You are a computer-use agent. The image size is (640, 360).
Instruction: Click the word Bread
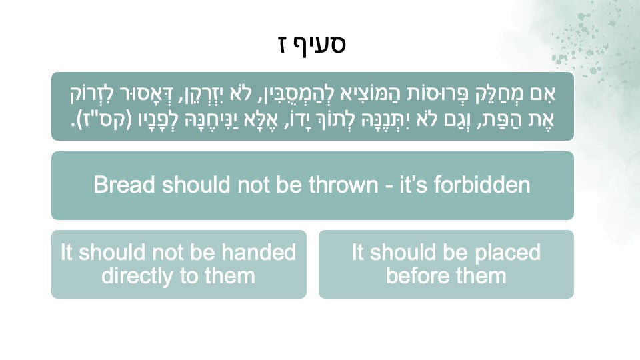tap(125, 185)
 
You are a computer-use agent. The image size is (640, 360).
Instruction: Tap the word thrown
tap(343, 185)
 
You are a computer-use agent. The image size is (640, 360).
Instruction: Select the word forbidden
tap(482, 185)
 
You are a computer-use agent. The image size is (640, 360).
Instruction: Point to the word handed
tap(259, 252)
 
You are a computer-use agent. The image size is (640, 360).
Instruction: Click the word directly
tap(137, 276)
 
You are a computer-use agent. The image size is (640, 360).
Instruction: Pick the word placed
tap(508, 252)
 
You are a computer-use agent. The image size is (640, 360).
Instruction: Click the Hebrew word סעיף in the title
tap(325, 44)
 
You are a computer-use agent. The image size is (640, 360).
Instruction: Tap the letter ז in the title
tap(285, 44)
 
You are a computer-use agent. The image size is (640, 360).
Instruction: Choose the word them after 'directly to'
tap(230, 276)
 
